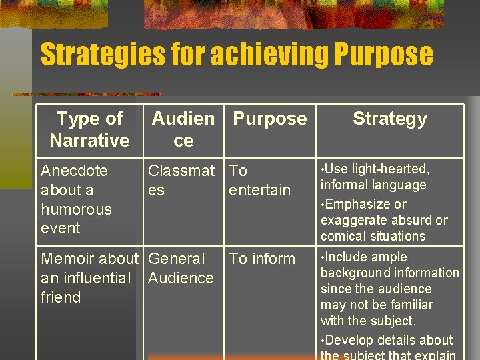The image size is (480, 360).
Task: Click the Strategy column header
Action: click(390, 119)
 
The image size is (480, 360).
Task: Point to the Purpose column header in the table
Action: click(270, 119)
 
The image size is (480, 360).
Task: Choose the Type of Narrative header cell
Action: click(89, 129)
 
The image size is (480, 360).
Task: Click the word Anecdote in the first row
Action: click(74, 171)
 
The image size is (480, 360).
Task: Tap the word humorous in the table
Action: click(76, 209)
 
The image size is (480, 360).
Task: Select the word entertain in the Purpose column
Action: click(259, 190)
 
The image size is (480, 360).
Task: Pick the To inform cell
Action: click(261, 259)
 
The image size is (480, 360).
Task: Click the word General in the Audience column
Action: click(177, 259)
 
